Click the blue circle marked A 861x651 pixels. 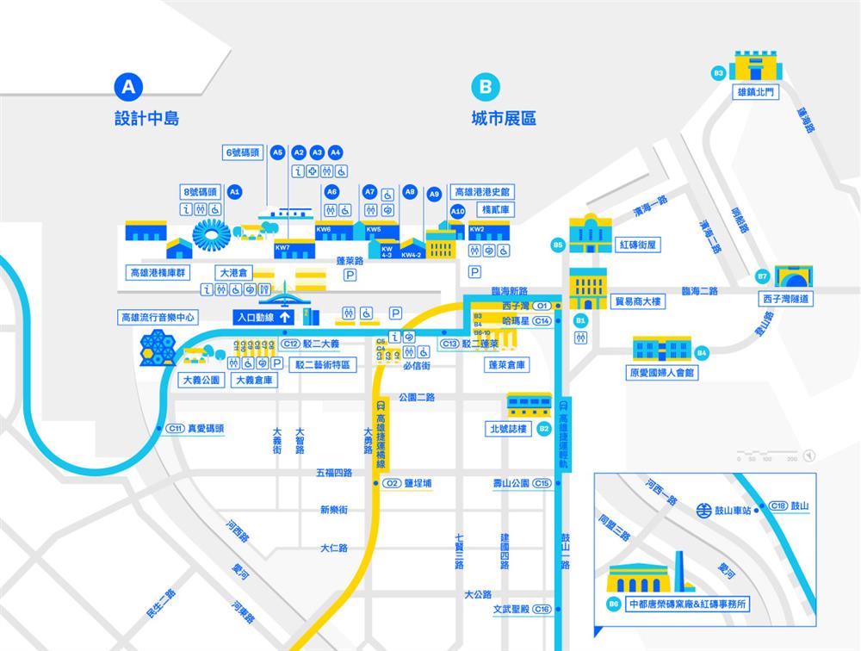coord(128,86)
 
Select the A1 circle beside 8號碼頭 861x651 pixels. coord(234,192)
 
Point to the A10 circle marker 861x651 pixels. coord(458,211)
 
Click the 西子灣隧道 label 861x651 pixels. coord(786,299)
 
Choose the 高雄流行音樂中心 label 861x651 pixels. coord(158,318)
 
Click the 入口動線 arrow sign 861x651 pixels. coord(263,317)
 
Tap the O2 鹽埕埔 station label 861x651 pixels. coord(408,483)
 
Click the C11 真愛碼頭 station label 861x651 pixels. coord(196,428)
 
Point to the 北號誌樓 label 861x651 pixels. coord(508,428)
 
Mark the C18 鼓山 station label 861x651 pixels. coord(790,505)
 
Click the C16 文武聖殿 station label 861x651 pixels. coord(522,609)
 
